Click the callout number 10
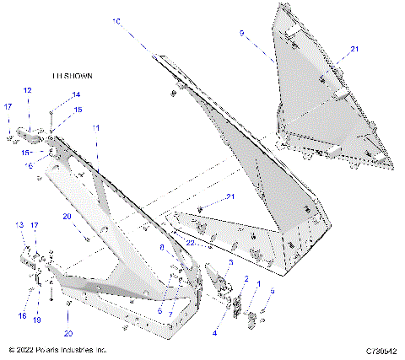[116, 19]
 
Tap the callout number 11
[96, 127]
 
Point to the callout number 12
[27, 90]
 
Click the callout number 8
[163, 248]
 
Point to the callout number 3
[231, 262]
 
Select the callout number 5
[273, 291]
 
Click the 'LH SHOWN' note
[73, 76]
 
